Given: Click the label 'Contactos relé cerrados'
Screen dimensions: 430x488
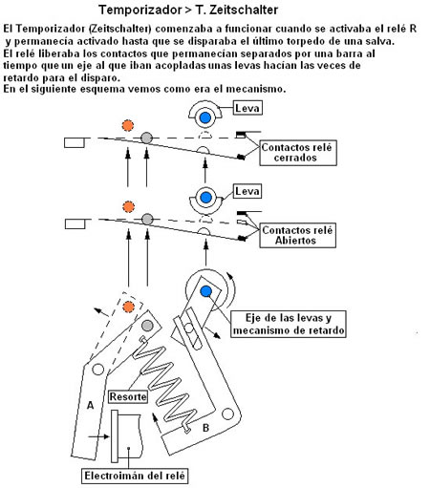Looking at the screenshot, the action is (298, 153).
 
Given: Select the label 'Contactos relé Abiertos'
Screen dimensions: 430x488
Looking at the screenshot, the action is (297, 235).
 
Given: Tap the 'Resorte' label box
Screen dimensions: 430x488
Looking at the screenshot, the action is (128, 396).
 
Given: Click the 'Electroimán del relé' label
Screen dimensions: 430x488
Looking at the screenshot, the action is (135, 476).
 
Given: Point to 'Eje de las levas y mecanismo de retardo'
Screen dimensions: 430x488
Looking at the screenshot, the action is (289, 324).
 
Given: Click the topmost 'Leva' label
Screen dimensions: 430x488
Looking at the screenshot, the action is (247, 108).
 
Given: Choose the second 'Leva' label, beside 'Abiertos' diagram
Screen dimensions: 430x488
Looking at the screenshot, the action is (247, 191).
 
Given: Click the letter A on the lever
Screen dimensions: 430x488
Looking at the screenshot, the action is (91, 405).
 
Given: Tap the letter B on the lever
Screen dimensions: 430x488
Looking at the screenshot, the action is (205, 428).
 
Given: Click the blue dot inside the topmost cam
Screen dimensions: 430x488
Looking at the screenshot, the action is (205, 117).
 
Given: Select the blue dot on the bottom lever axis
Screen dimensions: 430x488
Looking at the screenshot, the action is (206, 291).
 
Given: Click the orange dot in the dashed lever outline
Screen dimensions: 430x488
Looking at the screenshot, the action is (129, 307).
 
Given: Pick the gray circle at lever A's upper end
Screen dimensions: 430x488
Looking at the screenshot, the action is (147, 326).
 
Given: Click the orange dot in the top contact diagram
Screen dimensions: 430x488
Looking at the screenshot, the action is (128, 125).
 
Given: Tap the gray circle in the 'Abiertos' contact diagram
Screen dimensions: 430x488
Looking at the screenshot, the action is (147, 219).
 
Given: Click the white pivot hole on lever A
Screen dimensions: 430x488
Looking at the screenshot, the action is (97, 370).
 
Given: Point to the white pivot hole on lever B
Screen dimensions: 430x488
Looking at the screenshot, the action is (227, 414).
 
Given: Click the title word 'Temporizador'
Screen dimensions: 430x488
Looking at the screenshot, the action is (140, 10).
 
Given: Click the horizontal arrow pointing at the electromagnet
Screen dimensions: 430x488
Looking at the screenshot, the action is (98, 436).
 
